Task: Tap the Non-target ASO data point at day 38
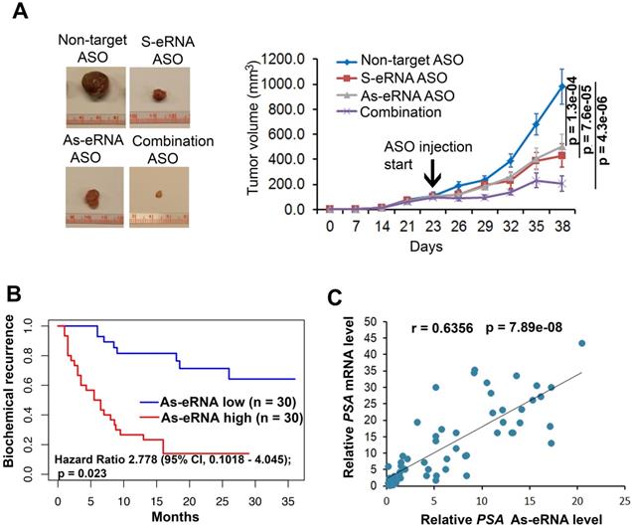[x=561, y=86]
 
